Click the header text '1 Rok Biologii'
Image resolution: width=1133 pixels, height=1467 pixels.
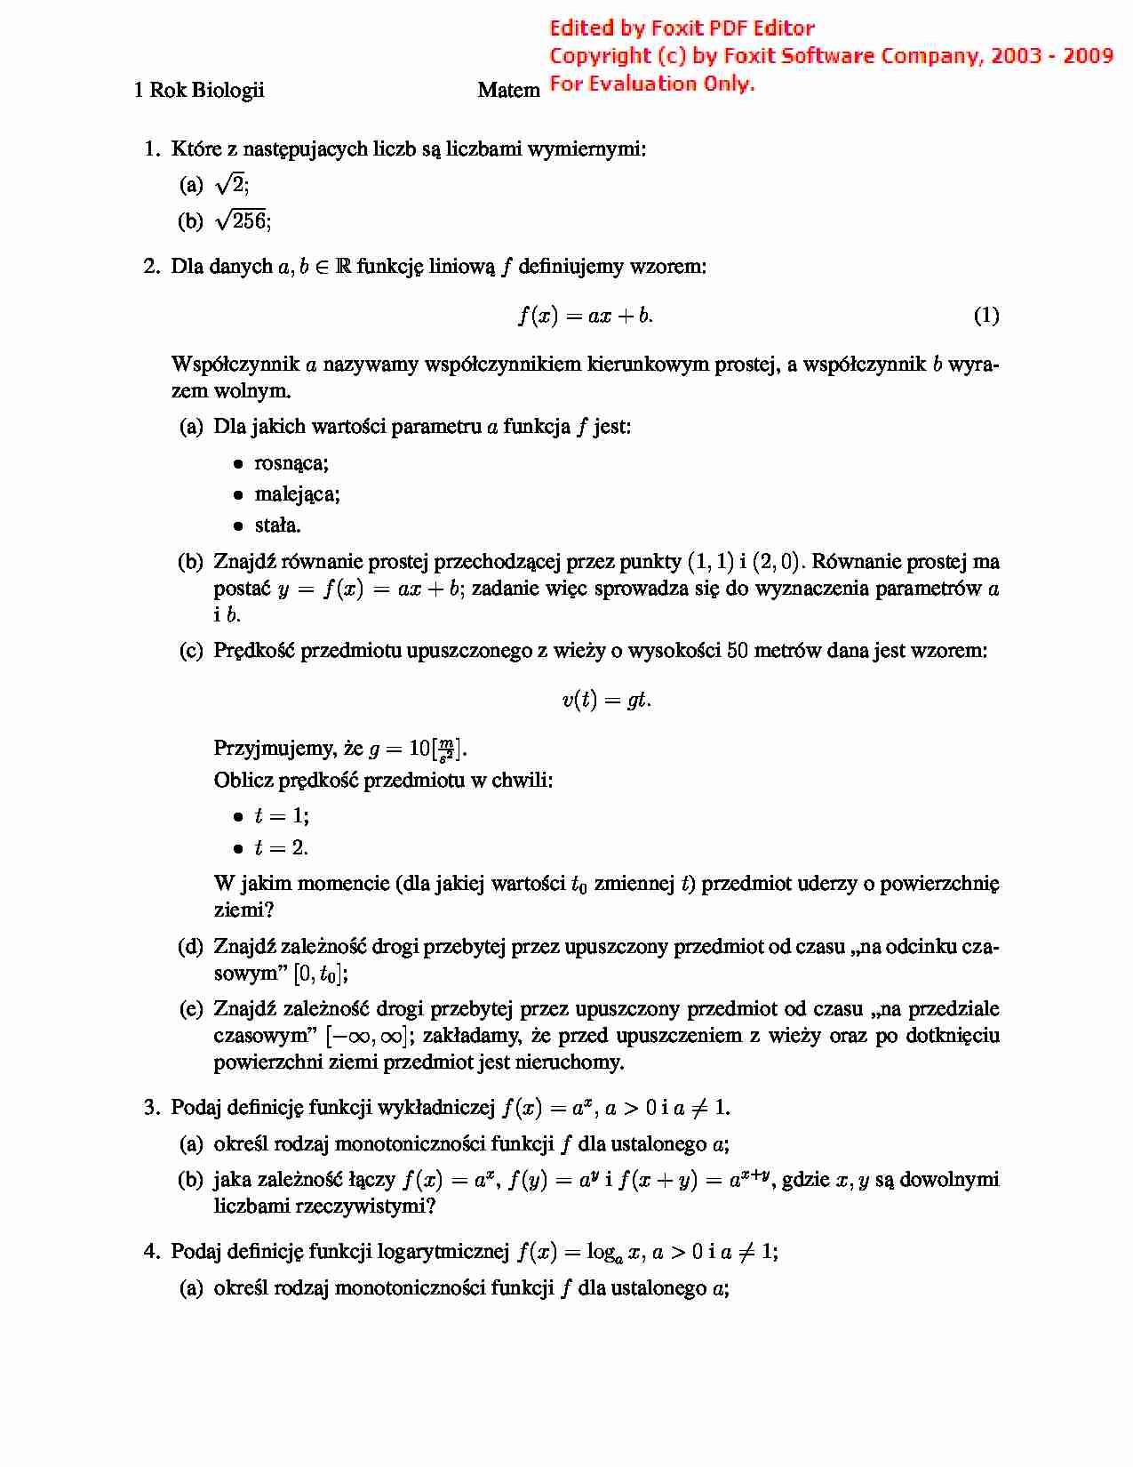(x=199, y=90)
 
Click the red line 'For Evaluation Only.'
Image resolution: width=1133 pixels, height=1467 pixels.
(x=652, y=84)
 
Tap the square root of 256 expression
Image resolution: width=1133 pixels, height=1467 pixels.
(x=242, y=220)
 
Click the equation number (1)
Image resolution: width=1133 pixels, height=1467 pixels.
(x=985, y=315)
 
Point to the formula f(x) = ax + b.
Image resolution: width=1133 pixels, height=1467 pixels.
(x=585, y=315)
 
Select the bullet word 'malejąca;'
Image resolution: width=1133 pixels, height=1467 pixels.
(x=297, y=494)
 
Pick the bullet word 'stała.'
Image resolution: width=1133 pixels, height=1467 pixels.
(x=277, y=525)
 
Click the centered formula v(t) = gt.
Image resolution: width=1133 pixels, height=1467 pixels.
(x=606, y=700)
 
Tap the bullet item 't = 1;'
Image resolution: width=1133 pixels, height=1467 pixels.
(x=281, y=816)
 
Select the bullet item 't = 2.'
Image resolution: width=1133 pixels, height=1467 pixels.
(x=281, y=847)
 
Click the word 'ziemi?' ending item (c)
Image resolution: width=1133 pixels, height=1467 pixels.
(x=243, y=910)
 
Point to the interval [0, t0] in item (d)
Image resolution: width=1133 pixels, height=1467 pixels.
(x=318, y=974)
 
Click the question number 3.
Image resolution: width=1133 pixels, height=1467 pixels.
(x=152, y=1108)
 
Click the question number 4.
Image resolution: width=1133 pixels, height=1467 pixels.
(x=152, y=1252)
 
